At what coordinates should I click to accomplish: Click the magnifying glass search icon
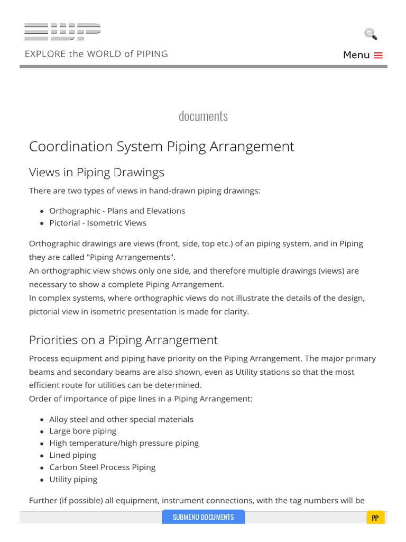371,34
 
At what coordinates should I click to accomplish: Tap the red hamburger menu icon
378,55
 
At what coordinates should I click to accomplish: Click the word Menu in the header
356,55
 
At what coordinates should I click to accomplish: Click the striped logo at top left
62,32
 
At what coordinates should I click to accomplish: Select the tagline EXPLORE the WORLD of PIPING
96,54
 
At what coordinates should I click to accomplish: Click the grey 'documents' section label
203,116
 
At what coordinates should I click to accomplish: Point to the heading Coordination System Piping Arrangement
161,147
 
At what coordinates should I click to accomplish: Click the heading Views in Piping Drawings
96,173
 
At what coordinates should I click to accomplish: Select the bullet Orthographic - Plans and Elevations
117,211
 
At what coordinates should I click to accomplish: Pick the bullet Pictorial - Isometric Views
97,223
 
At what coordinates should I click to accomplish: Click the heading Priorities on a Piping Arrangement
123,340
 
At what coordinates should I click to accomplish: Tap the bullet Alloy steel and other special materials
121,419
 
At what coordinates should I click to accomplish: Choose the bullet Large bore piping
82,431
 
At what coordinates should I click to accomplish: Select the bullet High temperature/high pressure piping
124,443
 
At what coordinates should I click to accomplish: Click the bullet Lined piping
72,455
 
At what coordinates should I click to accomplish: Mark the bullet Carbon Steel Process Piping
102,467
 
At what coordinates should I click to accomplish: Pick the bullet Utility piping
73,480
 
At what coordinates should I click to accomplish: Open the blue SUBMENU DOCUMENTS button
203,517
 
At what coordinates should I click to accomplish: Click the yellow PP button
375,518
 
